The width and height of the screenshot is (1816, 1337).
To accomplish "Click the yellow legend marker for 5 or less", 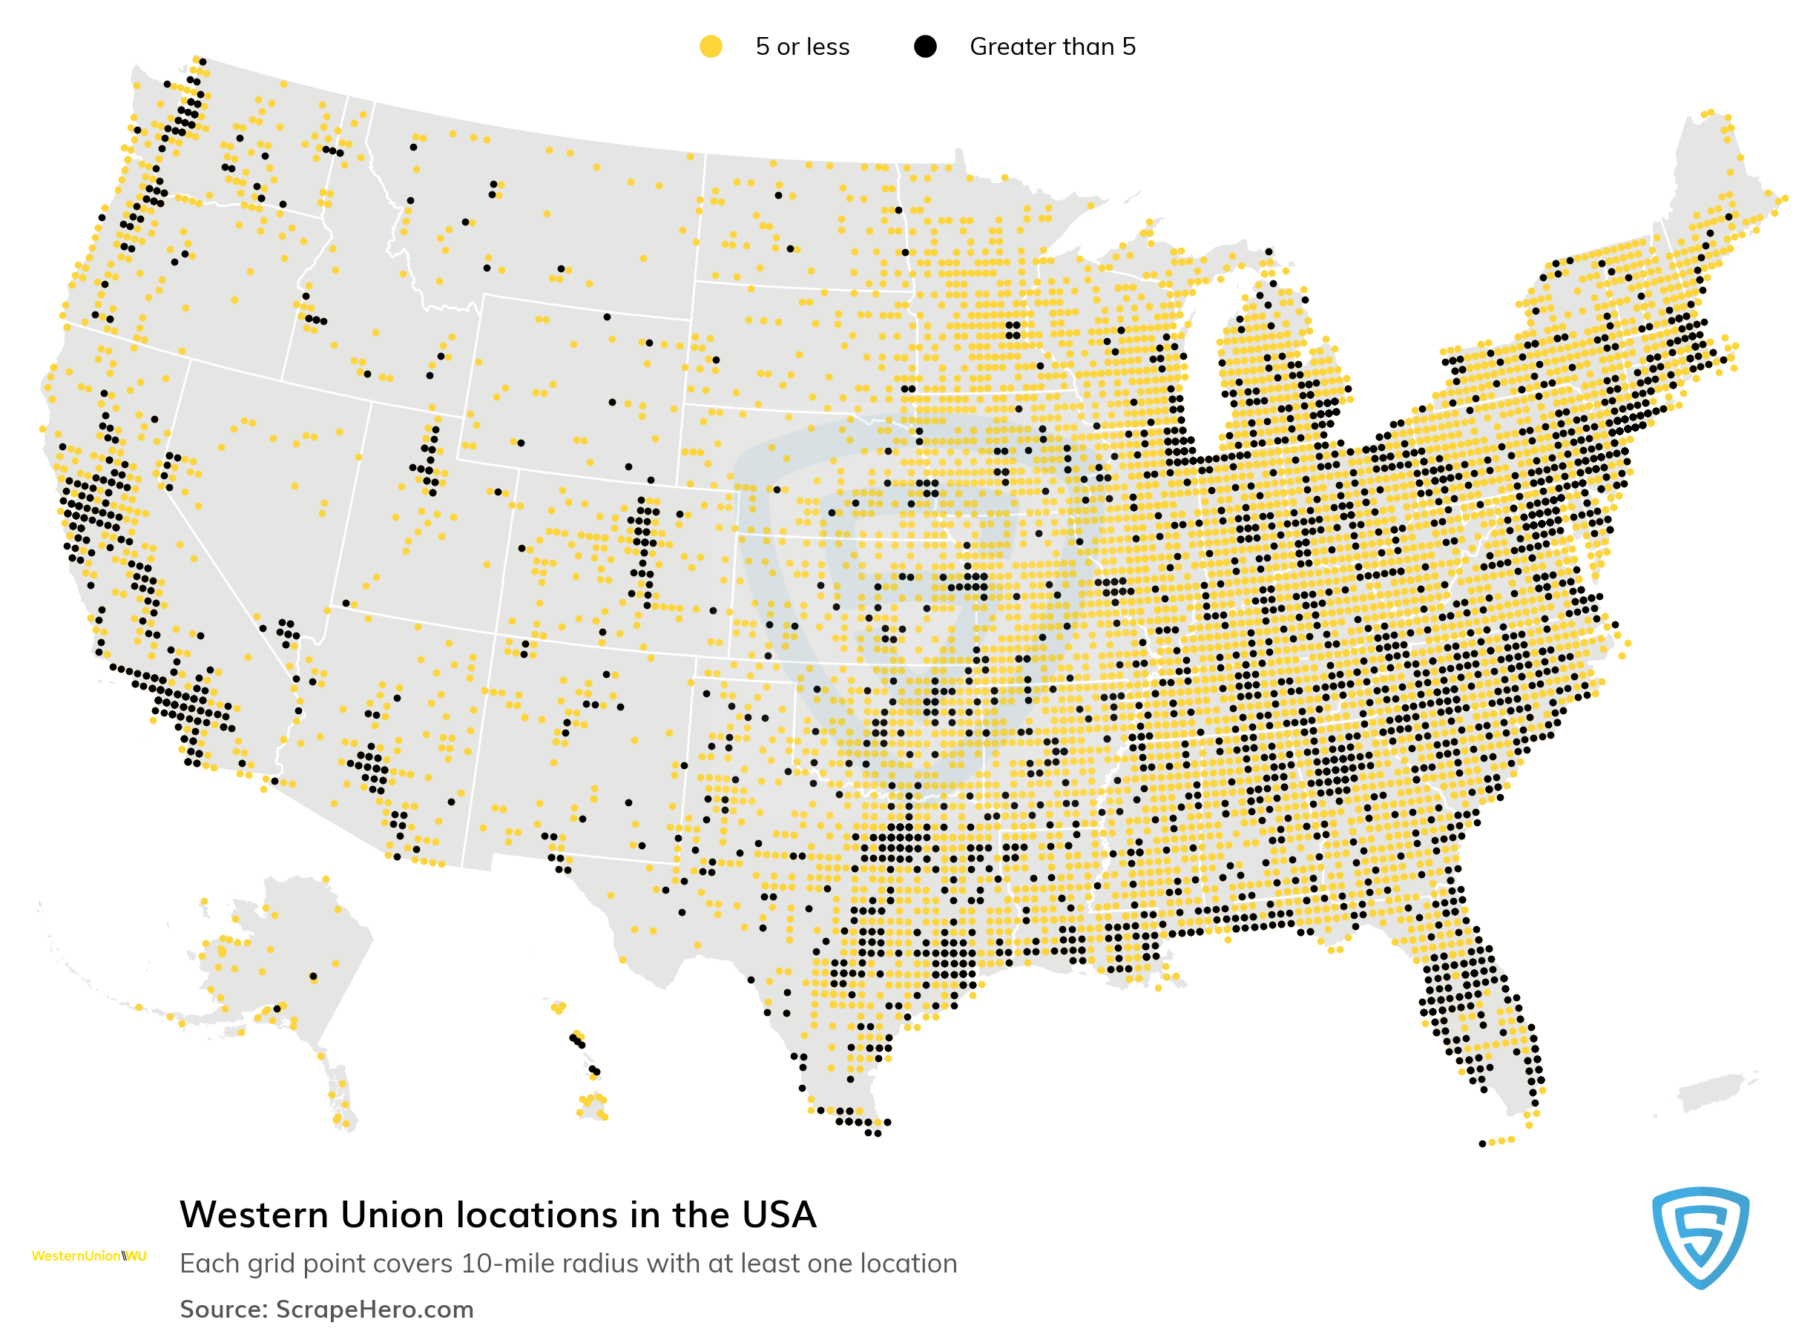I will point(710,47).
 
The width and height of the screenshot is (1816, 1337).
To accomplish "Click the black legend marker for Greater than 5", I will point(924,47).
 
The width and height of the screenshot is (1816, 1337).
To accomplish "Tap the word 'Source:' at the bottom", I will point(223,1310).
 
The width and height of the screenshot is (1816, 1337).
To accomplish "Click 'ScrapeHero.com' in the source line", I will point(374,1310).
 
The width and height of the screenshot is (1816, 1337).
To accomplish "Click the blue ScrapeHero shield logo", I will point(1700,1237).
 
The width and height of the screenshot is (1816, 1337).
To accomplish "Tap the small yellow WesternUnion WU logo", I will point(89,1256).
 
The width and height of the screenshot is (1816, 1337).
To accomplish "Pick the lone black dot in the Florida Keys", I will point(1481,1143).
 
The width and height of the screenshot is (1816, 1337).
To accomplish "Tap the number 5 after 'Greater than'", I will point(1128,47).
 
